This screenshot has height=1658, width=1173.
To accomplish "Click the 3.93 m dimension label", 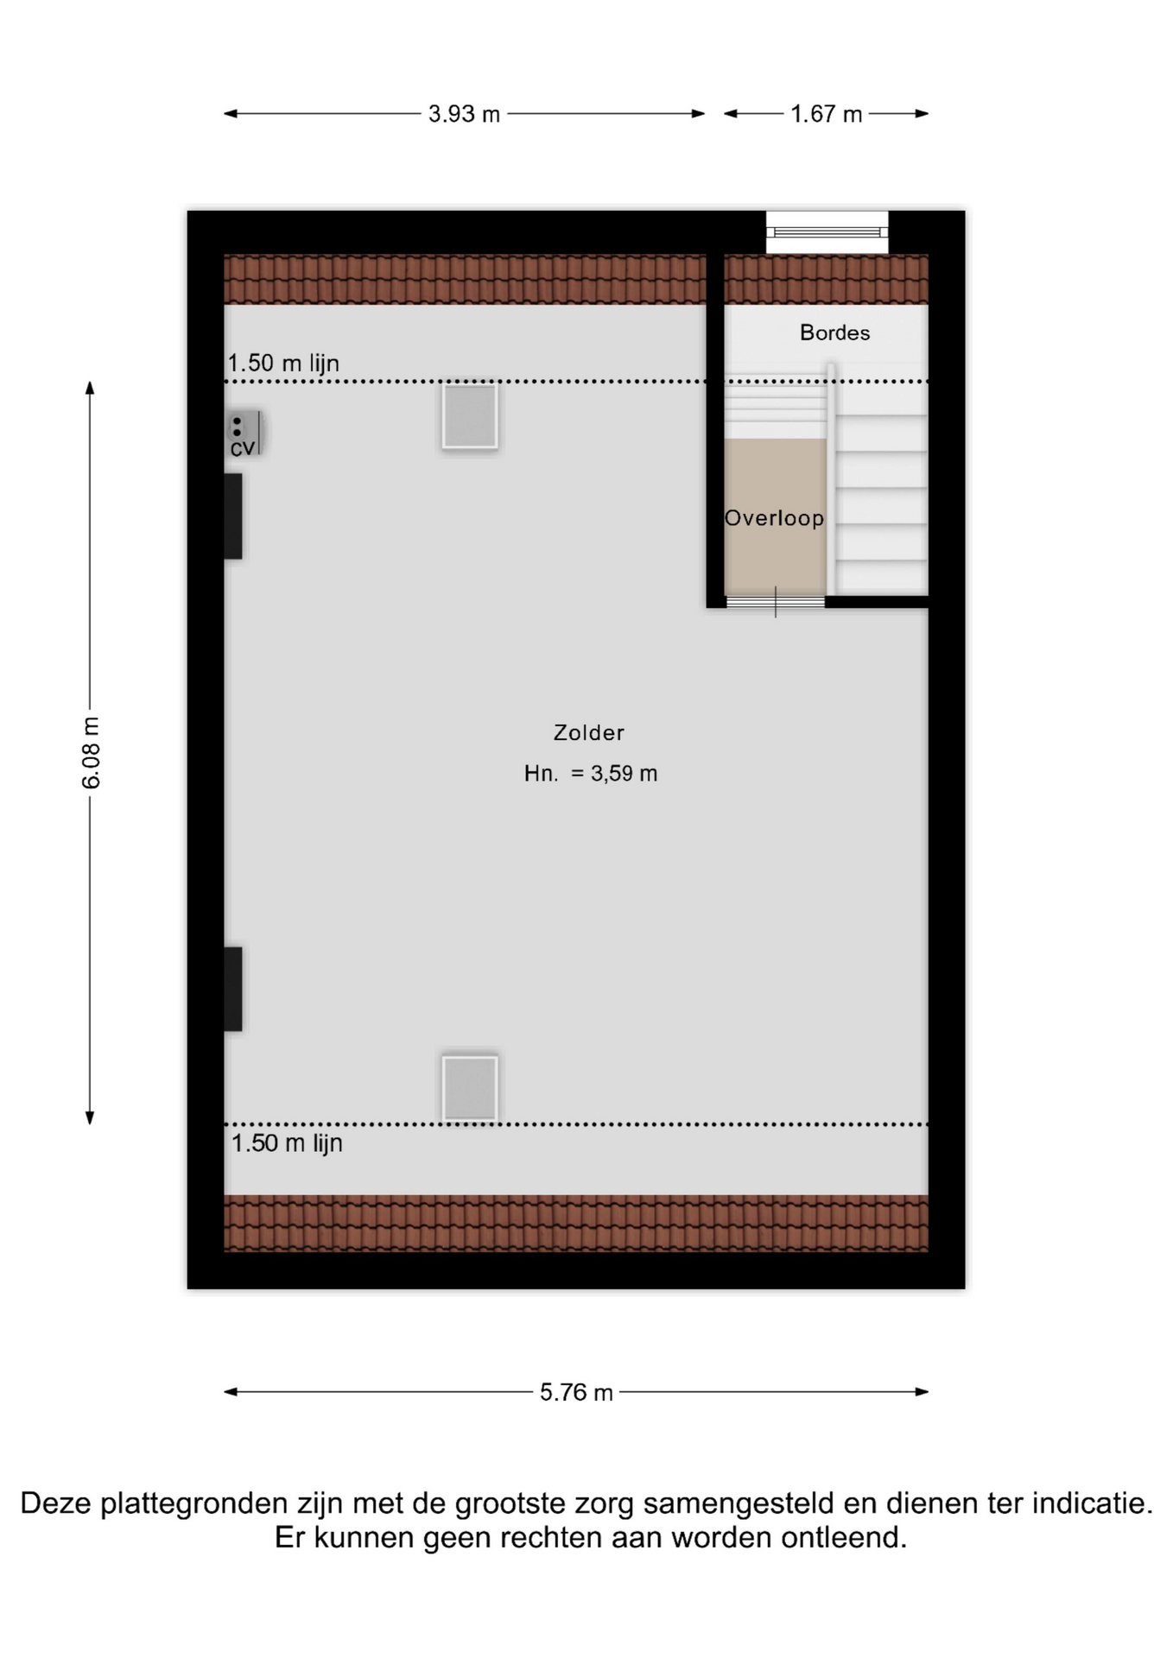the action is coord(464,114).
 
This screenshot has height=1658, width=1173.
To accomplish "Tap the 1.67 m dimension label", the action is coord(827,114).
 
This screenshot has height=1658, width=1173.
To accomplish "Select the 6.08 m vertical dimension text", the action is coord(92,753).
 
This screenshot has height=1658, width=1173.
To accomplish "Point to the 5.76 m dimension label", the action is coord(576,1392).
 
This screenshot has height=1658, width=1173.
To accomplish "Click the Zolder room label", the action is coord(589,732).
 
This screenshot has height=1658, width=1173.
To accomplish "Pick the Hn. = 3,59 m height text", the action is coord(591,774).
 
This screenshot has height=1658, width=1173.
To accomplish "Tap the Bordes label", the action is coord(834,332).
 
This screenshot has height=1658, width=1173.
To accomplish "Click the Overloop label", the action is coord(774,518).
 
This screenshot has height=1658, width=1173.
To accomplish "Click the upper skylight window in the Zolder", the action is coord(470,416).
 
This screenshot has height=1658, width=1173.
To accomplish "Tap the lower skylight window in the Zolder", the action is coord(470,1088).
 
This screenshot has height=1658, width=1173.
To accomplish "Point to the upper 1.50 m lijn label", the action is coord(283,363).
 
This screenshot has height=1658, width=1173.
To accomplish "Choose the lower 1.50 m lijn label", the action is coord(287,1143).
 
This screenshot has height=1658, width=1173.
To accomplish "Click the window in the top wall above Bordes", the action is coord(827,232).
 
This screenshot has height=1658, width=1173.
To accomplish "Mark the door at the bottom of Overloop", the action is coord(775,601).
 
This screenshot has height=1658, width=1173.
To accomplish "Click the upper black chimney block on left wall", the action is coord(233,516).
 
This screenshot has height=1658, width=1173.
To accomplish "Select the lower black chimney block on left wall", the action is coord(233,989).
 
